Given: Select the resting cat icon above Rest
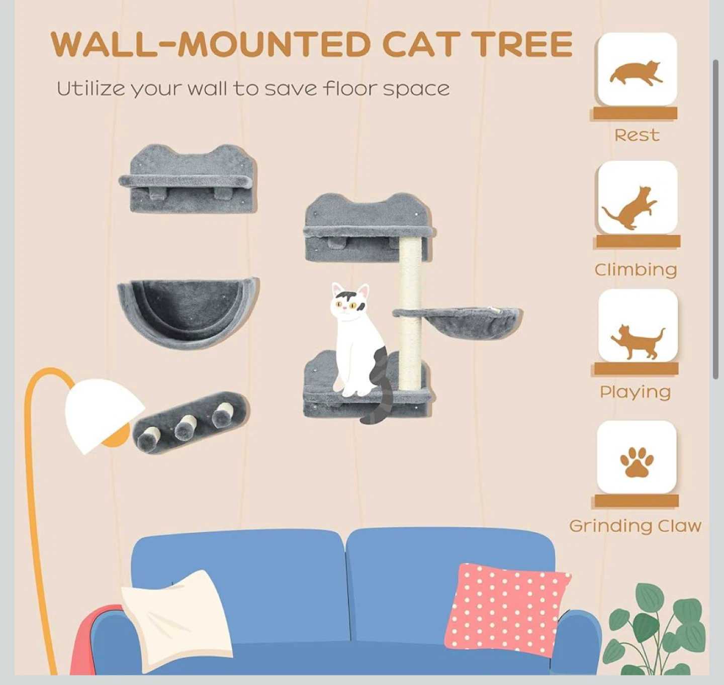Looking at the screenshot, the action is pyautogui.click(x=636, y=73).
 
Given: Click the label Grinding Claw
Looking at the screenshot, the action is pyautogui.click(x=635, y=526).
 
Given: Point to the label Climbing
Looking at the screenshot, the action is pyautogui.click(x=636, y=270).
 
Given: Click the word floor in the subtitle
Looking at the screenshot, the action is pyautogui.click(x=351, y=89).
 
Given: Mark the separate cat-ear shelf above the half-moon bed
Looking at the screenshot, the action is pyautogui.click(x=188, y=179).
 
